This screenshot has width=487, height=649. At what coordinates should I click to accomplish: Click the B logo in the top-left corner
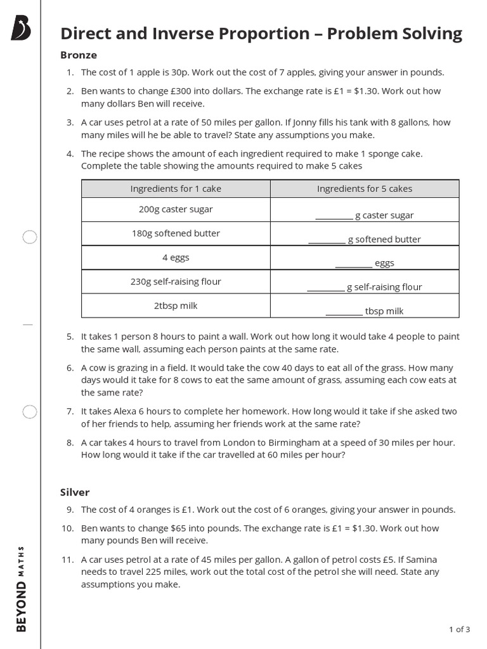pos(20,29)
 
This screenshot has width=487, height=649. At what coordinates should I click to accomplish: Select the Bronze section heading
pos(78,55)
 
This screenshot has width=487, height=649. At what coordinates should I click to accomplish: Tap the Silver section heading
pos(75,492)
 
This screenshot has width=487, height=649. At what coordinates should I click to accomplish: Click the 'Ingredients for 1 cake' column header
pos(176,188)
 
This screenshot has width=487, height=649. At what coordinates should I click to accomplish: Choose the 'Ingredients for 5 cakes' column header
pos(364,188)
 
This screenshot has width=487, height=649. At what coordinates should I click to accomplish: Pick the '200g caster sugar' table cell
pos(176,209)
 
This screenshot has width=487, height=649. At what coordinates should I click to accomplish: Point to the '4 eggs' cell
pos(176,257)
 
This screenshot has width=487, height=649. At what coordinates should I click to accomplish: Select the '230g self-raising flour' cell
pos(176,281)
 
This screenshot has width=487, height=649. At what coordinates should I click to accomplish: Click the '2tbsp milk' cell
pos(176,305)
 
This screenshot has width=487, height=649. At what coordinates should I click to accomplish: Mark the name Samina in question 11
pos(419,560)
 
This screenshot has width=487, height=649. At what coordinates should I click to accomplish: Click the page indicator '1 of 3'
pos(459,629)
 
